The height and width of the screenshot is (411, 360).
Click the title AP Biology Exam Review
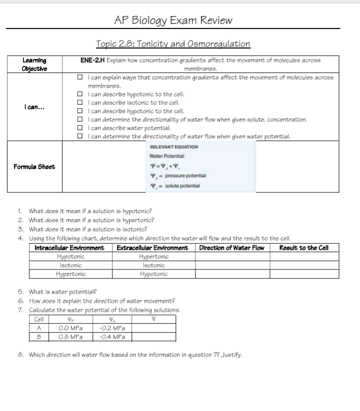(173, 20)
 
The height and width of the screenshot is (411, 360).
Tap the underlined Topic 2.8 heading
(173, 43)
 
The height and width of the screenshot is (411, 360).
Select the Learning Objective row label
(33, 64)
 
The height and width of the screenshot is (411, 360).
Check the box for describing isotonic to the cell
(80, 102)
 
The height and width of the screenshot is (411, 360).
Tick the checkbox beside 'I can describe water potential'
(80, 127)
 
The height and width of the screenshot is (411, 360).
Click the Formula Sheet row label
(33, 166)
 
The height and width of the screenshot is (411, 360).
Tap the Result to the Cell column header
(303, 248)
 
